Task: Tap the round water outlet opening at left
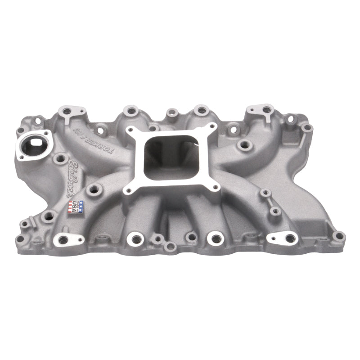pos(32,145)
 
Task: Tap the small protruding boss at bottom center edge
pos(170,246)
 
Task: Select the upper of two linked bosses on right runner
pos(266,193)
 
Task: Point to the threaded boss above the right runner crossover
pos(245,144)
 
